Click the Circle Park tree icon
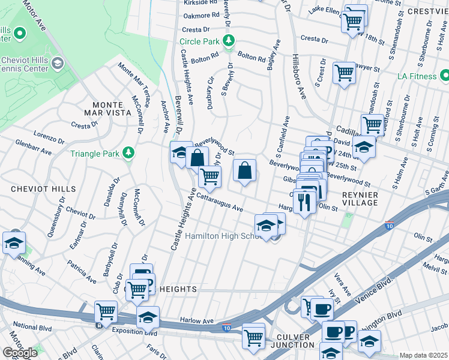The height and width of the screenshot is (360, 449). tap(228, 41)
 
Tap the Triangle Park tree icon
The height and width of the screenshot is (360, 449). tap(127, 154)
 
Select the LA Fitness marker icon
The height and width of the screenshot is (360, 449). tap(445, 76)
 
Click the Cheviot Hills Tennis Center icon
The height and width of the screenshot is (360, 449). tap(58, 63)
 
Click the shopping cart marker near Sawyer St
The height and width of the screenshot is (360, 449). tap(345, 73)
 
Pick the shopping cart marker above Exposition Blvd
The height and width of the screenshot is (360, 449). tap(106, 311)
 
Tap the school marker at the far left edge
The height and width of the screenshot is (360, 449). tap(12, 242)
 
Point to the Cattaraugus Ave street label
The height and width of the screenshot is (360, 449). tap(219, 202)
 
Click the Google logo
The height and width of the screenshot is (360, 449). tap(20, 352)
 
